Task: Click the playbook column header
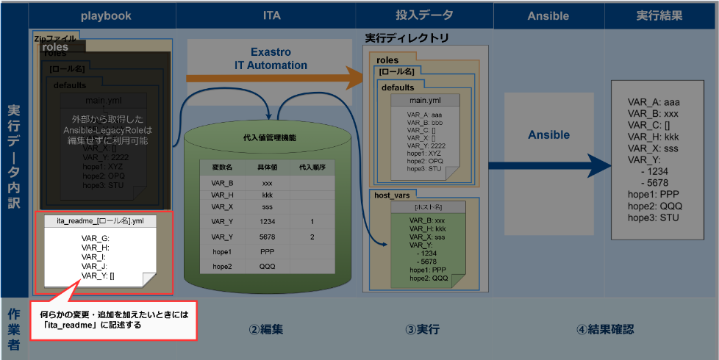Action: pos(102,15)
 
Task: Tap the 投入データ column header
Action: pos(425,15)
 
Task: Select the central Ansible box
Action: pos(549,135)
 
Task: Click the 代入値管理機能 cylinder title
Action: pos(269,137)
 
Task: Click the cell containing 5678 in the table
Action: pos(267,237)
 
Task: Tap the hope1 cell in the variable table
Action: pos(222,251)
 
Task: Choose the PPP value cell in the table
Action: pos(267,251)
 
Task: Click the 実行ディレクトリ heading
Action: pos(407,37)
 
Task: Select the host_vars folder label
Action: pos(392,195)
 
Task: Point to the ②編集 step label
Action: pos(266,330)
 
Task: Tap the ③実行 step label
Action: pos(423,330)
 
